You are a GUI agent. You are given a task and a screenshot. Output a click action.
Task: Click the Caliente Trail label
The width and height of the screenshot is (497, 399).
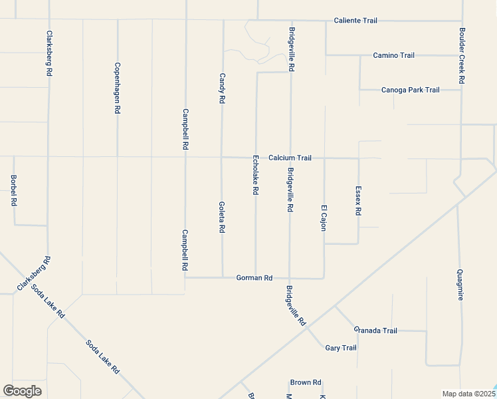355,21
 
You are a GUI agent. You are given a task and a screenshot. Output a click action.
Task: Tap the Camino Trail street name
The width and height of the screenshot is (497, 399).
393,55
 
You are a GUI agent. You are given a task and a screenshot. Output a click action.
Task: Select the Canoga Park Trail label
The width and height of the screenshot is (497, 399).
410,90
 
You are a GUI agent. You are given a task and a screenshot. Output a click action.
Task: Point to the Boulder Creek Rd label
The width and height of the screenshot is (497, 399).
462,55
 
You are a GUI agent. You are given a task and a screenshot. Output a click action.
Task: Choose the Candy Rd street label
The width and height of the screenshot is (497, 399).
223,88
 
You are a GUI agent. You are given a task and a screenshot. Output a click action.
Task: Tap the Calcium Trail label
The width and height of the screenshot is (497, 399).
290,158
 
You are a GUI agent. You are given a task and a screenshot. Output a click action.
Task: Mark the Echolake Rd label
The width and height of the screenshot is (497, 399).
255,176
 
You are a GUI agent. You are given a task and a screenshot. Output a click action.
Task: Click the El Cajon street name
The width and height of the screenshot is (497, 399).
324,217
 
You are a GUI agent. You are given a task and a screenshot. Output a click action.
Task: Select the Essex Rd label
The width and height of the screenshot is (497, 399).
358,200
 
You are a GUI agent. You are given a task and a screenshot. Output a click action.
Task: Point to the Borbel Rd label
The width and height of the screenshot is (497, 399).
13,190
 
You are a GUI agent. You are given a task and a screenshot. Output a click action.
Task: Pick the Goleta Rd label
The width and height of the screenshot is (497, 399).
223,217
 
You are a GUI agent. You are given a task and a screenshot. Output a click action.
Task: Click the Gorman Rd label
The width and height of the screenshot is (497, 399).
254,278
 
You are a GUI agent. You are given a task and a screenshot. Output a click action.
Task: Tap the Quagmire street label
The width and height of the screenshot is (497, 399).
460,285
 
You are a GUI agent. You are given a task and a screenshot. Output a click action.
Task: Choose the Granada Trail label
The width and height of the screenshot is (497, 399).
375,331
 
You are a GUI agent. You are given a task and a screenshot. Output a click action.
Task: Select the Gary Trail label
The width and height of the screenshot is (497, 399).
341,348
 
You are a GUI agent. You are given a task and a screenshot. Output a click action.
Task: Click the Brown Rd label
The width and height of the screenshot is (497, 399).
306,382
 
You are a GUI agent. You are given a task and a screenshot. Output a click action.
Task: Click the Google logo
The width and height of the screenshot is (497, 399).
22,391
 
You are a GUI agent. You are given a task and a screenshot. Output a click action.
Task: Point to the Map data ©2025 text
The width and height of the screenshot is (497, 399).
468,394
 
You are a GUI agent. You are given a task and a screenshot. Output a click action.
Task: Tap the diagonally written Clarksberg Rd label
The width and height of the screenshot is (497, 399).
33,275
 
